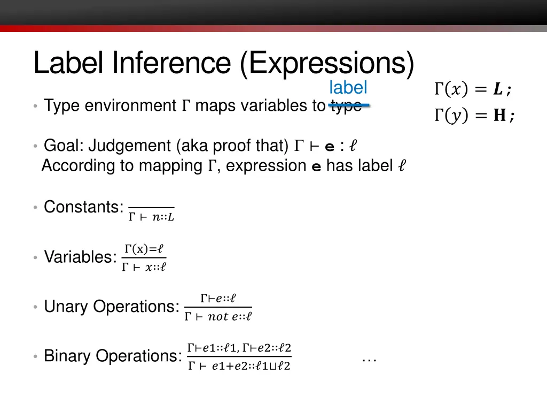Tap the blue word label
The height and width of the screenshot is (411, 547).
coord(348,87)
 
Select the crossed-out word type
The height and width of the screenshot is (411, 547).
coord(346,105)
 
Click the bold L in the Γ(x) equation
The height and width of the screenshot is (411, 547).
coord(497,90)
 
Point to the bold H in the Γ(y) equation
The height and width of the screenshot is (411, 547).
coord(499,116)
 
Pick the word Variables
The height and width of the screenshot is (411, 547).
coord(80,257)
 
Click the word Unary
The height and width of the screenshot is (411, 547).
coord(66,307)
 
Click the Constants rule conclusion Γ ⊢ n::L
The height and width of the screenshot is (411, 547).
coord(152,217)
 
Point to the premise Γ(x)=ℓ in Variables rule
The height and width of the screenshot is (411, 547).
coord(144,249)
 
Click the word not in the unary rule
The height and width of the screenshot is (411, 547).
coord(218,316)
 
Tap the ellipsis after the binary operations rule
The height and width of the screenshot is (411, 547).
coord(369,359)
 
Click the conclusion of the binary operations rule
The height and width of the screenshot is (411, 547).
coord(239,366)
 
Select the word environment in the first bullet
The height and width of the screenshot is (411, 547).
coord(130,106)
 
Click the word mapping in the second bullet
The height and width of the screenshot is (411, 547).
coord(173,166)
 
